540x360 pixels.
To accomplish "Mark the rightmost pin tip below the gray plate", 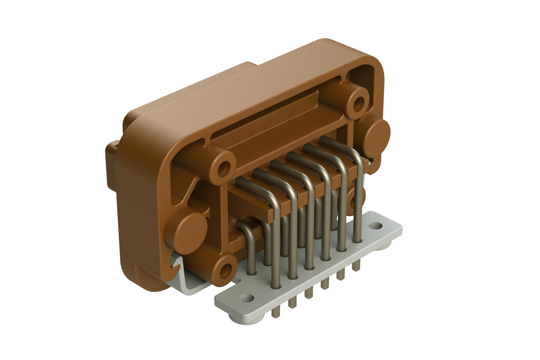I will (357, 265).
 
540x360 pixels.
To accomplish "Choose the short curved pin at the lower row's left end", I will (245, 232).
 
